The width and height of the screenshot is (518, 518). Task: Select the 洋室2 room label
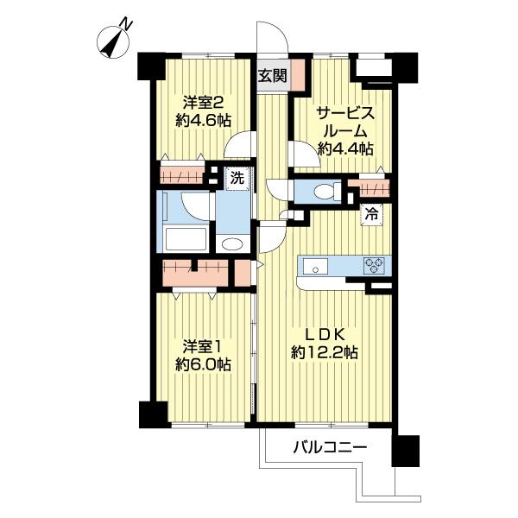click(x=204, y=98)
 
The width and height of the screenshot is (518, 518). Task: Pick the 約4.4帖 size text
click(x=345, y=148)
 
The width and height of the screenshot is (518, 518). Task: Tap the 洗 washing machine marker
click(x=237, y=179)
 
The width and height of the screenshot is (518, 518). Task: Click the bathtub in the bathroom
click(x=184, y=238)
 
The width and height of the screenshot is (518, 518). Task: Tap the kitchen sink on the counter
click(x=313, y=264)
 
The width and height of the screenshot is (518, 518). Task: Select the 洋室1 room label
click(x=204, y=346)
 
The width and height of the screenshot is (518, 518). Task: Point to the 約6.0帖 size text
click(x=204, y=365)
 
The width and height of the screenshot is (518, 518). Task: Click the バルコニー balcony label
click(x=330, y=447)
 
